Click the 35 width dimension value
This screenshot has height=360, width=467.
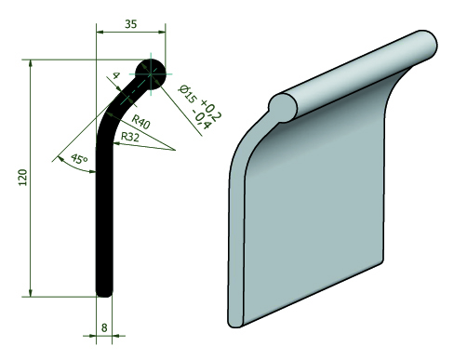click(x=131, y=24)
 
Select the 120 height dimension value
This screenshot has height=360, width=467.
click(x=23, y=178)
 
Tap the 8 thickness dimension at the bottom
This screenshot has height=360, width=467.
click(x=104, y=327)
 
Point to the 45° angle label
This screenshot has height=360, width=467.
click(x=79, y=159)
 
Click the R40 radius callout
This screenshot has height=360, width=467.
click(x=140, y=121)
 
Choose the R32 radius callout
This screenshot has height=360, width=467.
click(x=129, y=137)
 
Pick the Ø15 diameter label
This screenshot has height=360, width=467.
click(x=187, y=94)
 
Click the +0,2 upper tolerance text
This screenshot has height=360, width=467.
click(x=211, y=109)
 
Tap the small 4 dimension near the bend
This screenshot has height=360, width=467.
click(x=116, y=75)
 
